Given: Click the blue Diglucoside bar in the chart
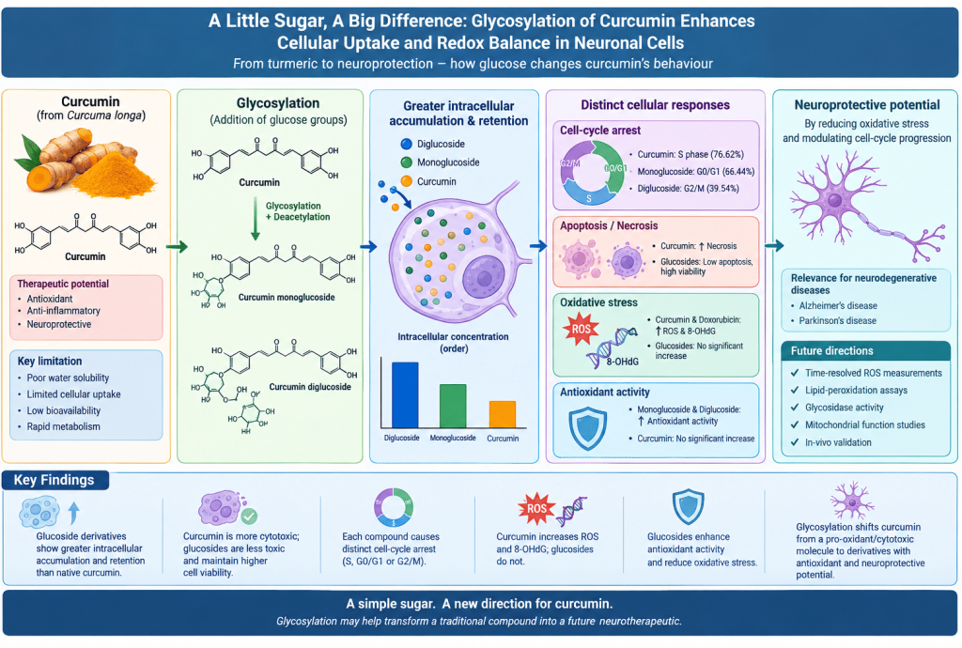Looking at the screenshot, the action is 405,394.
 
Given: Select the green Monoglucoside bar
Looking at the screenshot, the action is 453,406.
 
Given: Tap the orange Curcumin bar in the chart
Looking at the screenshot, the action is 502,414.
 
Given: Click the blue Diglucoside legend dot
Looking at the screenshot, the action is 406,144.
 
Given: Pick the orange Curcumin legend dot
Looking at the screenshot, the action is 406,181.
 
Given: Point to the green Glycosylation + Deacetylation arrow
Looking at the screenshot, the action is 256,218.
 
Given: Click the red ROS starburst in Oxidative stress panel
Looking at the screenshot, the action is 581,329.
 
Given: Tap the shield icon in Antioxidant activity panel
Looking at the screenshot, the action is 588,428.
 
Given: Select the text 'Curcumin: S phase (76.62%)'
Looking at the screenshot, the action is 690,155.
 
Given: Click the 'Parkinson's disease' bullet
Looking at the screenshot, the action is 837,320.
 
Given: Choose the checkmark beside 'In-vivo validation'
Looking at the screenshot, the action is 795,442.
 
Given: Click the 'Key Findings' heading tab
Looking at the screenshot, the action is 54,480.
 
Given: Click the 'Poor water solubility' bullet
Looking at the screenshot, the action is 68,378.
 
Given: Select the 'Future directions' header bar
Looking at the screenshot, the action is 865,350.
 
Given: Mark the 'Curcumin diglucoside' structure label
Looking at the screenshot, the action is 310,387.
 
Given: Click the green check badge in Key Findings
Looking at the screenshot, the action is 248,517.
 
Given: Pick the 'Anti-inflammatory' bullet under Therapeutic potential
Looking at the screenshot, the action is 63,311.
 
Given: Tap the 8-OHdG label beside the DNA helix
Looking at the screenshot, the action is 622,362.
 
